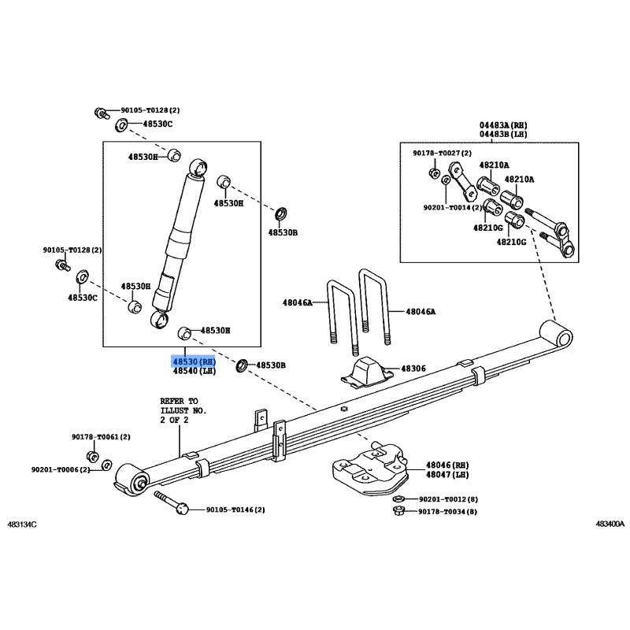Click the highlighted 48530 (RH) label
click(194, 361)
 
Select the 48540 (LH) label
click(194, 371)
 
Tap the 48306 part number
click(413, 369)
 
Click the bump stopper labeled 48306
click(367, 372)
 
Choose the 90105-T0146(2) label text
click(235, 510)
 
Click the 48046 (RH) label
click(447, 465)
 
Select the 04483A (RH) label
click(503, 125)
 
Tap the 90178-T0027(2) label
click(442, 153)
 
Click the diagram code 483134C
click(22, 524)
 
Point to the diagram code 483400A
click(610, 524)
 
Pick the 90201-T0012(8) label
click(448, 499)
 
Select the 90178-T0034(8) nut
click(398, 511)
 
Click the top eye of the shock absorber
click(198, 166)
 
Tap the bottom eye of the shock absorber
click(159, 320)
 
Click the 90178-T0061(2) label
click(102, 437)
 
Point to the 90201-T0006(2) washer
click(107, 465)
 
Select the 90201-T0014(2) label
click(452, 208)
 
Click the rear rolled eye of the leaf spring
click(556, 333)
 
